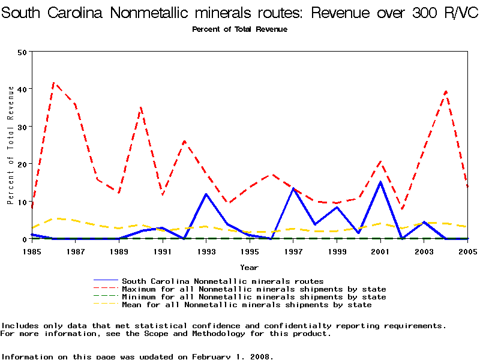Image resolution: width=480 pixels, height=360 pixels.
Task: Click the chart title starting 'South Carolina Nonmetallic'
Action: click(240, 13)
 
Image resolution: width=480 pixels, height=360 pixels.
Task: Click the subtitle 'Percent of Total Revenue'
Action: click(239, 29)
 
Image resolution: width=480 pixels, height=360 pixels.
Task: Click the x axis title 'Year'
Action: click(250, 267)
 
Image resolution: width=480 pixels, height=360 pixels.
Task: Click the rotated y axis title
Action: click(10, 145)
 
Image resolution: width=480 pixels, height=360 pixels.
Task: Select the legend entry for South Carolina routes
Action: click(223, 281)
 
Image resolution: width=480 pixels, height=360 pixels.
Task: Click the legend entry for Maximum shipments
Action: click(254, 289)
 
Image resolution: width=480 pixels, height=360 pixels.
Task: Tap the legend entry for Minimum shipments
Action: click(254, 297)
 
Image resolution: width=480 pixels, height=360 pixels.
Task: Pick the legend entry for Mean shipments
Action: click(247, 305)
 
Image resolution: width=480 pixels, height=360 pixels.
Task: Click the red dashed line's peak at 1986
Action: click(54, 83)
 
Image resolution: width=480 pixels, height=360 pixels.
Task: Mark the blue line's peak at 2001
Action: click(380, 182)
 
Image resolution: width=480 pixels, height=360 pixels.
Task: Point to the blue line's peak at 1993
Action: click(206, 194)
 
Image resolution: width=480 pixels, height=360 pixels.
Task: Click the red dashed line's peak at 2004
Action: click(446, 91)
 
